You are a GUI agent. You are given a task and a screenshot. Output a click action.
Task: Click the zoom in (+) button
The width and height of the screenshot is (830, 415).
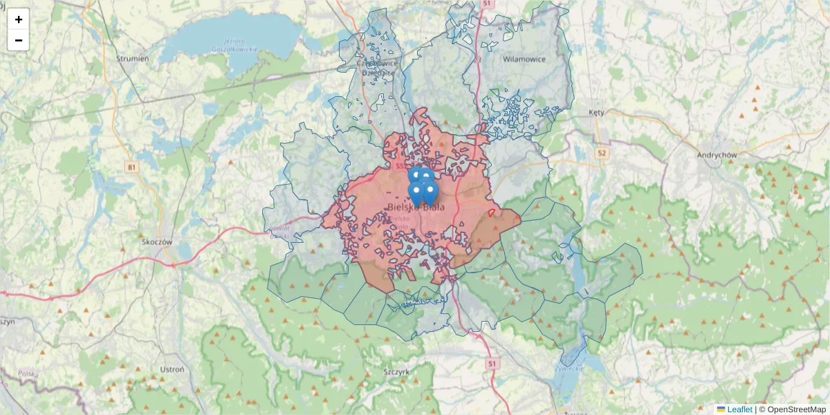click(x=19, y=19)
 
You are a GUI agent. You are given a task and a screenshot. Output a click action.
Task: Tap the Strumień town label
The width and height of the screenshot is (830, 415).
click(x=133, y=59)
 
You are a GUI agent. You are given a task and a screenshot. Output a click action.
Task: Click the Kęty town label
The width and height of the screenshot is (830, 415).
click(x=596, y=112)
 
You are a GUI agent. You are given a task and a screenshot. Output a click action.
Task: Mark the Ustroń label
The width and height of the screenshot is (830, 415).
click(x=172, y=369)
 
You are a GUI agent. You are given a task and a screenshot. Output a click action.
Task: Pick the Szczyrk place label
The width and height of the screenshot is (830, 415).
click(x=397, y=371)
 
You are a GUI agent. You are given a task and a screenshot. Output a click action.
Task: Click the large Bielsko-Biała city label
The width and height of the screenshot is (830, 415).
click(x=416, y=206)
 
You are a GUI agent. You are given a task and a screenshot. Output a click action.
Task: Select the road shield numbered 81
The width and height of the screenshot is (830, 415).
click(x=131, y=167)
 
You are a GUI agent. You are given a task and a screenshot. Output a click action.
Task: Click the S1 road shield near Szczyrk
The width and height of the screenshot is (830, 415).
click(x=492, y=362)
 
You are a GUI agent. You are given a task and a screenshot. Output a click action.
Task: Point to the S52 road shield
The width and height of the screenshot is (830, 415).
click(x=399, y=166)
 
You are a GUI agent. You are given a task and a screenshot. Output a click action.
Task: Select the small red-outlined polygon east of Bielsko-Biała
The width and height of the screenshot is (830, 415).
click(x=492, y=212)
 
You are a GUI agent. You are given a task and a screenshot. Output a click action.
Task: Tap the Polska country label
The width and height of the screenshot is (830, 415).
click(x=28, y=374)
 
